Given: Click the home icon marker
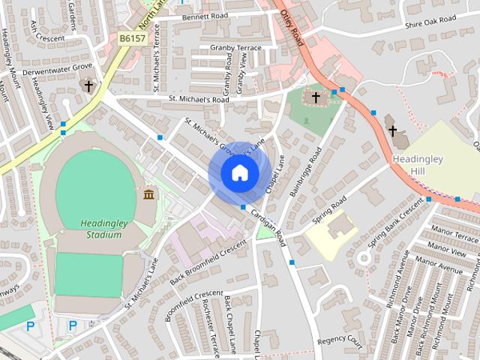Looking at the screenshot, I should coord(239,173).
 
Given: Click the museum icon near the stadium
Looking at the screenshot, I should coord(148,195).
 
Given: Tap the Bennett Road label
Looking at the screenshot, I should coord(203,16).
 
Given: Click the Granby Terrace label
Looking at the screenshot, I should coord(235,48).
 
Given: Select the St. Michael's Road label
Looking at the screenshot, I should coord(199,98).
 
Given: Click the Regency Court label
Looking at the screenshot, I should coord(339,340).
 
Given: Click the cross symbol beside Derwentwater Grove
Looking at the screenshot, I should coord(88,87).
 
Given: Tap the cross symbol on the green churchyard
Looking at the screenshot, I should coord(316,97).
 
